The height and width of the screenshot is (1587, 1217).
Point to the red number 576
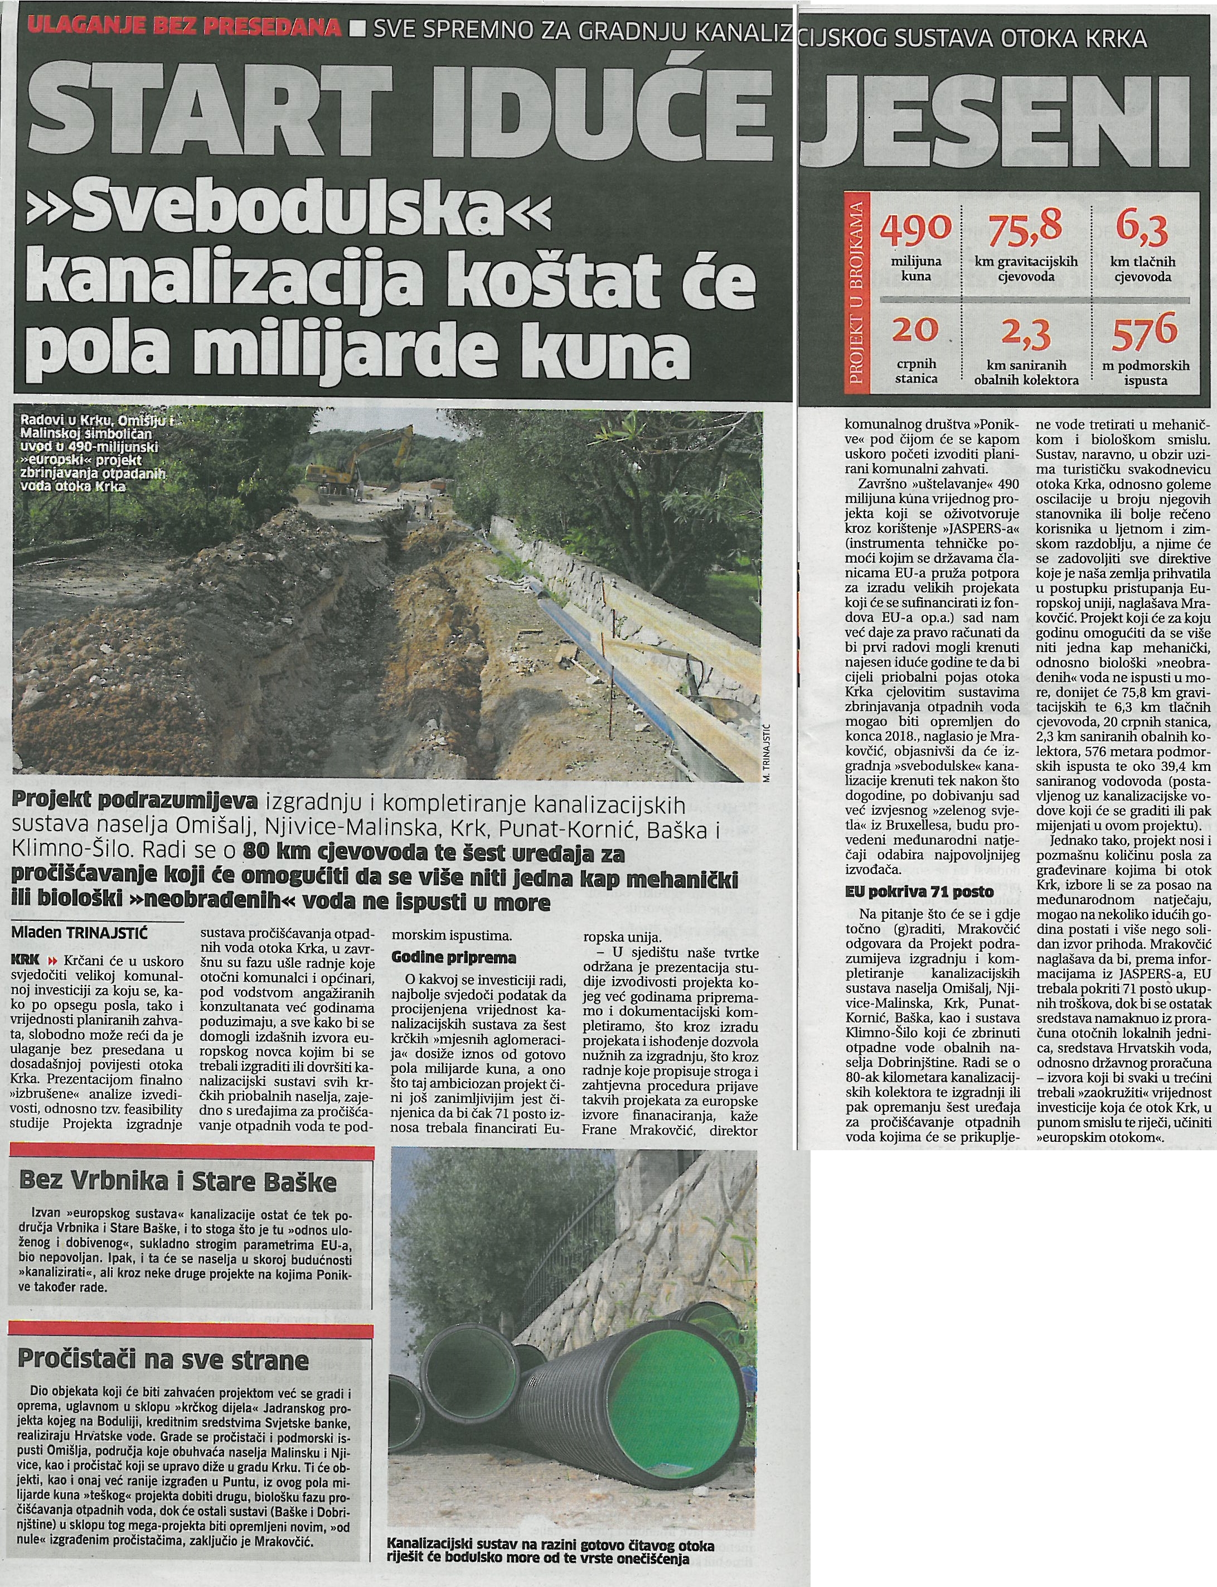pos(1145,334)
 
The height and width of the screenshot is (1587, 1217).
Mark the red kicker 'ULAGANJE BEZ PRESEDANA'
pos(182,29)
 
